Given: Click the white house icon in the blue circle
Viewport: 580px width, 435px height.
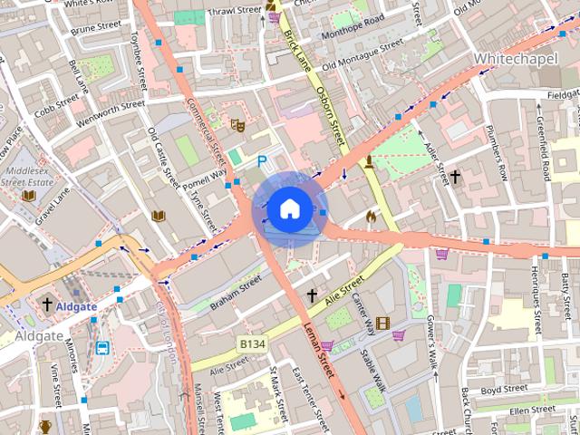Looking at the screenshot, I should (x=288, y=209).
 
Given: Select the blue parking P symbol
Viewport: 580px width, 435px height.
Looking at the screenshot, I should (x=263, y=161).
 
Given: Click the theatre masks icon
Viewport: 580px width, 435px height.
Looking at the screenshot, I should (x=238, y=125).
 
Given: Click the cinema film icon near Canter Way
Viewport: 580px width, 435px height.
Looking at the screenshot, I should (x=382, y=324).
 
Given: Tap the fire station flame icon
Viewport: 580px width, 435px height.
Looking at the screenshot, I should (x=370, y=217).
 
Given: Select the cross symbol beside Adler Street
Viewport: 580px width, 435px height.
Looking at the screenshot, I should (x=455, y=177).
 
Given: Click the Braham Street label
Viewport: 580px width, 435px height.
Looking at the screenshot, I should (x=235, y=294).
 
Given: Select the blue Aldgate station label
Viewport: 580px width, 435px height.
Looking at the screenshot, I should (x=76, y=306).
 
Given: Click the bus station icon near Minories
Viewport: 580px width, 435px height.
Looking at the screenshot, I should (x=102, y=347).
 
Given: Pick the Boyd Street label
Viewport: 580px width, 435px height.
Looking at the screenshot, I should (x=504, y=390).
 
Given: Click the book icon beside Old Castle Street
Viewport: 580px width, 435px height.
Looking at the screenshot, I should (x=159, y=216).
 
